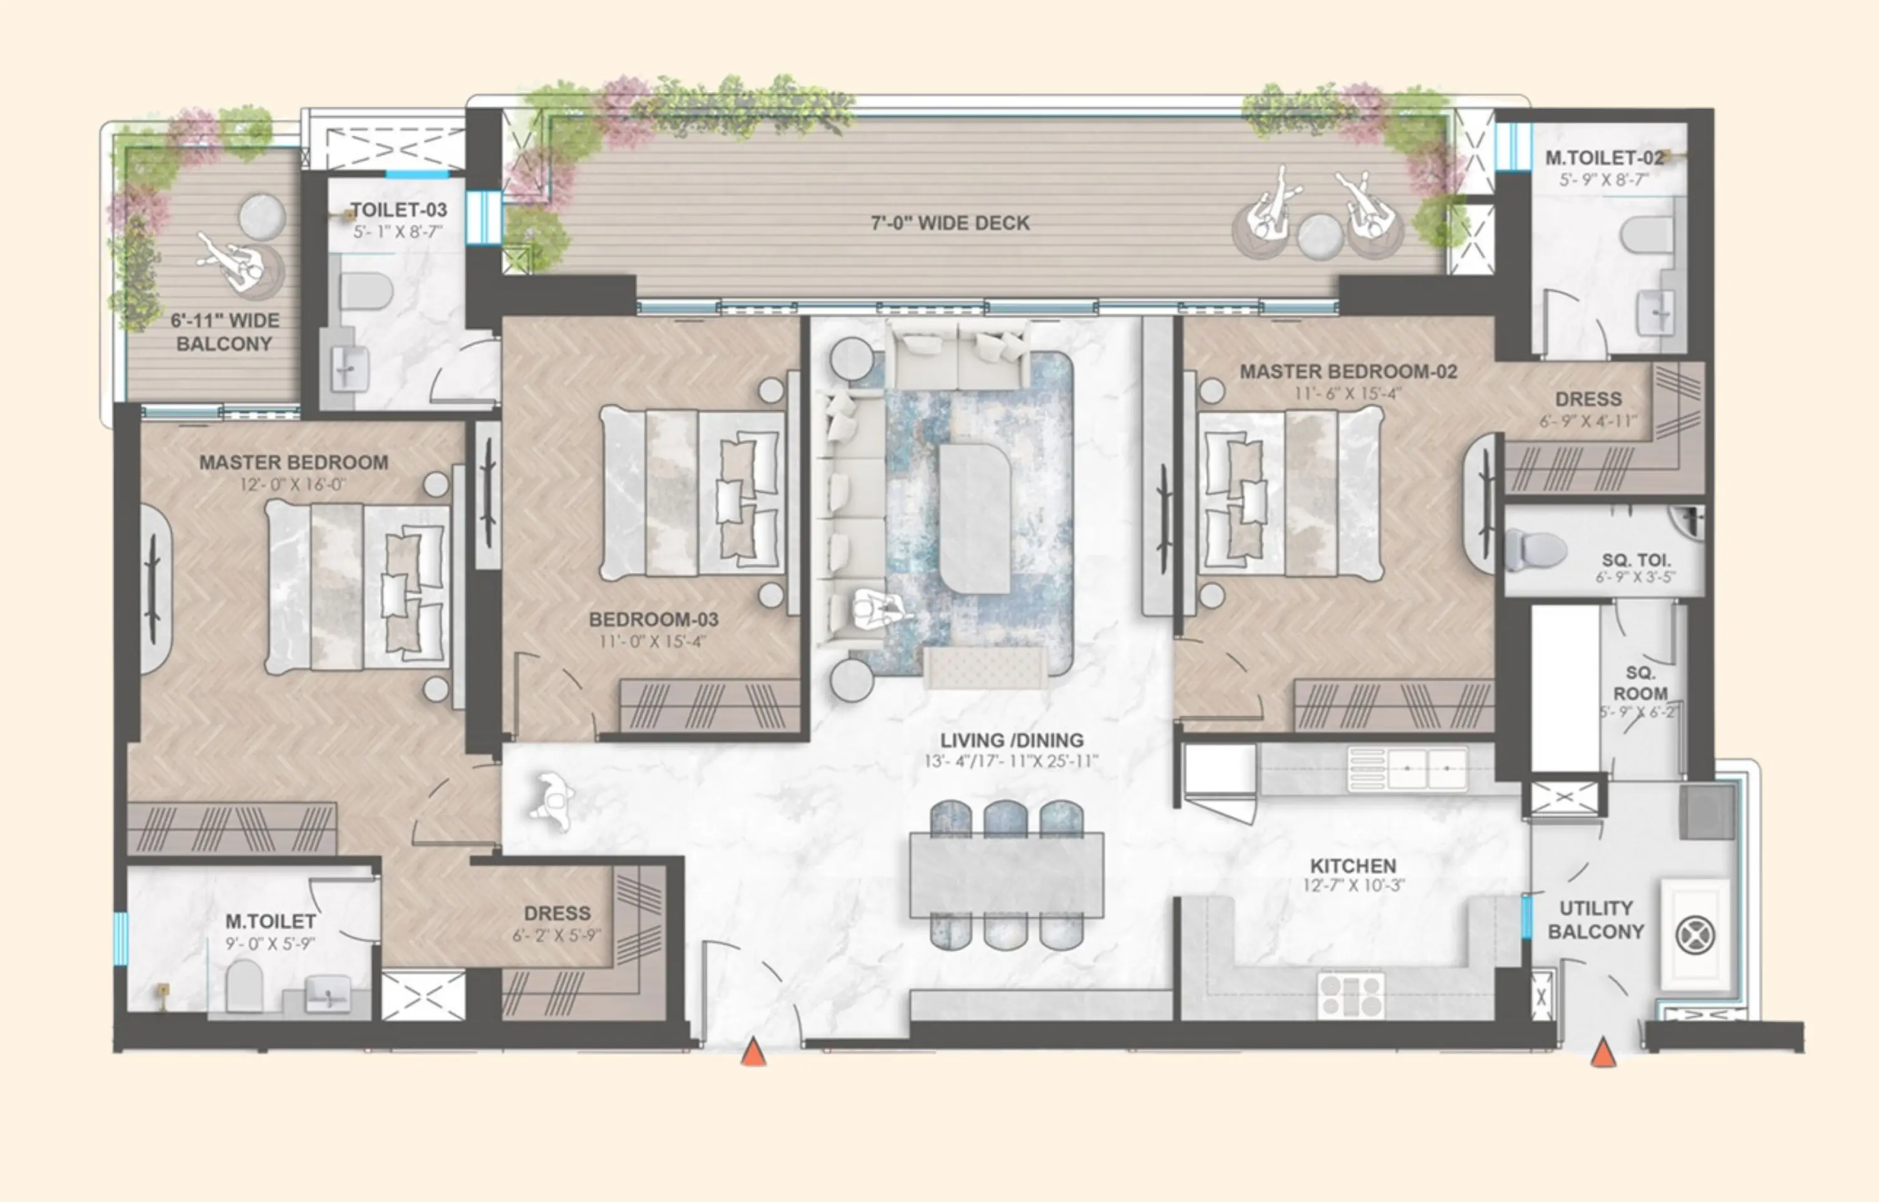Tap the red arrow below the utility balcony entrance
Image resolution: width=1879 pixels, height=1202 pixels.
point(1603,1053)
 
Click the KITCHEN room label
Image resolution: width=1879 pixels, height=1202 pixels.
point(1353,866)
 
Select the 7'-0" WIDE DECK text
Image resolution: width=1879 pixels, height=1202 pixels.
point(950,223)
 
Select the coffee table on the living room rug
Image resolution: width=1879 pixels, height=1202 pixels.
point(975,518)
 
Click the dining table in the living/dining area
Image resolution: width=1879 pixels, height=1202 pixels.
point(1007,875)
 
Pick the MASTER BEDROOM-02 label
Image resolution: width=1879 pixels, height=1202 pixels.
point(1348,371)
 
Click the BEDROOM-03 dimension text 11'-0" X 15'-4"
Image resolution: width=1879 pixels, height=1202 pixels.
point(652,642)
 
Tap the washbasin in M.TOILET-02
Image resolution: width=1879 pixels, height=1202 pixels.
point(1655,311)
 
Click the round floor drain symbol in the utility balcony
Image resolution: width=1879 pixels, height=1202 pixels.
point(1695,935)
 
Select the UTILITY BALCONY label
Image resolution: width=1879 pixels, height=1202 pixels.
point(1596,920)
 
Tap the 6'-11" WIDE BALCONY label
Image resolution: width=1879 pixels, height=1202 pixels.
point(224,332)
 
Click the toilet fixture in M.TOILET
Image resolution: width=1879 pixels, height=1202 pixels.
point(244,985)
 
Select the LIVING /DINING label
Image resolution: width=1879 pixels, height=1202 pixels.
point(1011,740)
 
